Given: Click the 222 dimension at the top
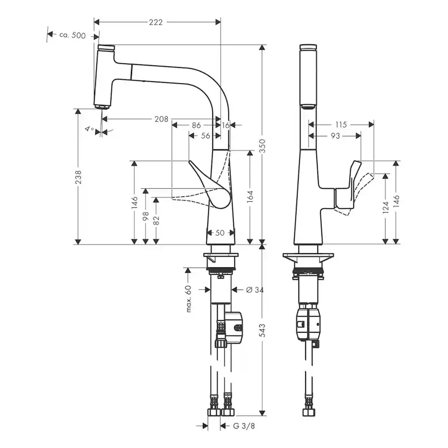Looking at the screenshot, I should [156, 22].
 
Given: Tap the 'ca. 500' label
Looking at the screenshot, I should [71, 35].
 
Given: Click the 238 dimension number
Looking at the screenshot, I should [78, 177].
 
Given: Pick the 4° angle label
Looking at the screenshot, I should [89, 129].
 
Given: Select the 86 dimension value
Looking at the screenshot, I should [196, 125].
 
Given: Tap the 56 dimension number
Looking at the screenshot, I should [205, 136].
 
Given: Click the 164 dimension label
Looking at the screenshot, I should [250, 195].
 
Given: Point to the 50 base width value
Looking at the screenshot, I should [220, 233].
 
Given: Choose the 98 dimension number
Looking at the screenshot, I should [145, 215].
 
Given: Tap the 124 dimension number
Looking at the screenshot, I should [385, 207].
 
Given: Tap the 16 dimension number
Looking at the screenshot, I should [226, 125].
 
